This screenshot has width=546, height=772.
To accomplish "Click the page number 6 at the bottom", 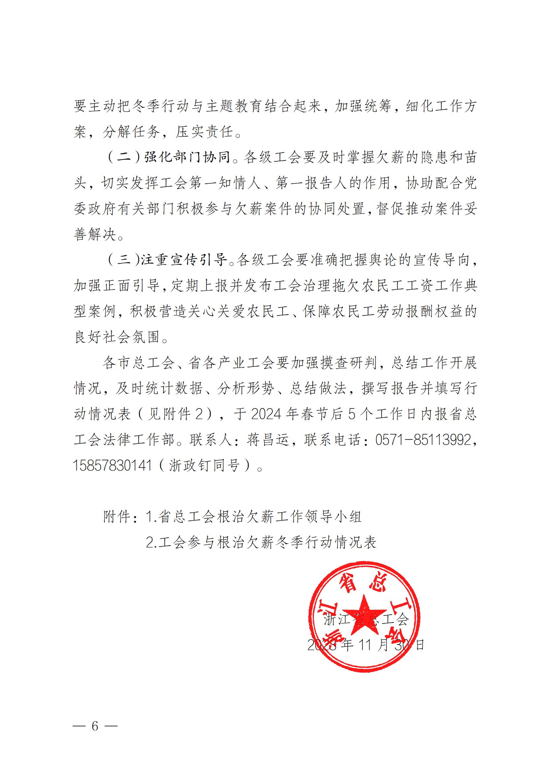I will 95,726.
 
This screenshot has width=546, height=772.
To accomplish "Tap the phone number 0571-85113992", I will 423,439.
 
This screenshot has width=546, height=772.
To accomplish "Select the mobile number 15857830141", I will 113,465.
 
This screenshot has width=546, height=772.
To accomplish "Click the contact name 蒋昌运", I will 268,439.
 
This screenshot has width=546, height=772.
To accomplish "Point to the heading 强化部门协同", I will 187,157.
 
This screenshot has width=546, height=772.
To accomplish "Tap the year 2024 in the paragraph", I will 266,414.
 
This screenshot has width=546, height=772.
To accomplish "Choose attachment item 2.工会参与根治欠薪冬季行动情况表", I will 261,542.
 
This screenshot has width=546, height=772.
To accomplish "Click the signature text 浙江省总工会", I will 366,619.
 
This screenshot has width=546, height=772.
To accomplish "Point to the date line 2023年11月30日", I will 366,645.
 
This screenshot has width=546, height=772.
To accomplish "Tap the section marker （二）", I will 124,157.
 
